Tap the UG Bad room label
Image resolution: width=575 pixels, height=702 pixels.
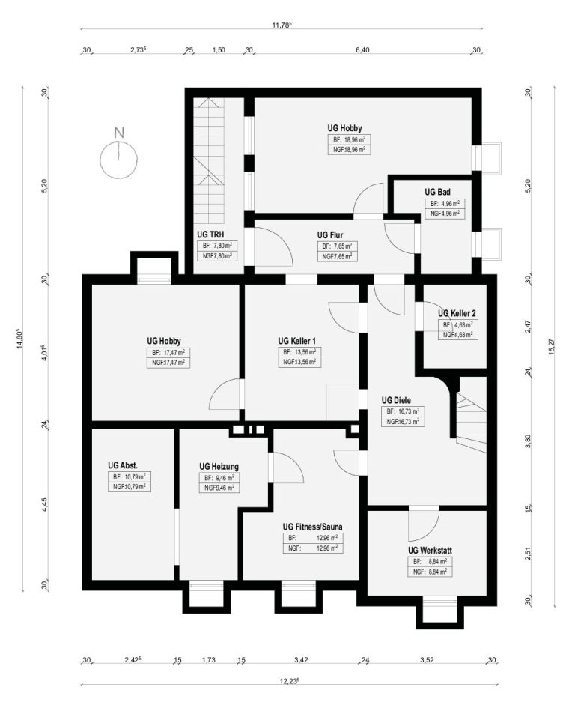437,192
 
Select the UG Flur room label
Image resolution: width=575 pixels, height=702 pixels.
329,235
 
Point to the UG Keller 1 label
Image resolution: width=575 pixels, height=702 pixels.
296,341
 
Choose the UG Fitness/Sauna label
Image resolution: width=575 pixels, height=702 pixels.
312,527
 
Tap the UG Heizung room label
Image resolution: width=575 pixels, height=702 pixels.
219,467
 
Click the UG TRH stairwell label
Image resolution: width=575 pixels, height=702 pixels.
210,234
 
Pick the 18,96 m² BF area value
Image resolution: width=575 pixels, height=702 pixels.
354,139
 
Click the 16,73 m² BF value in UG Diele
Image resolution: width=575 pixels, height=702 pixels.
409,411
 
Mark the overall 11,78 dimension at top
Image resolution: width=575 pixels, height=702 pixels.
282,25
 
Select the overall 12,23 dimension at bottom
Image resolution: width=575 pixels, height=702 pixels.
289,681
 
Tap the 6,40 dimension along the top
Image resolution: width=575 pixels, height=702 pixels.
362,50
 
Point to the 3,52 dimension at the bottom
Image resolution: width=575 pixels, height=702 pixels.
427,659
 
